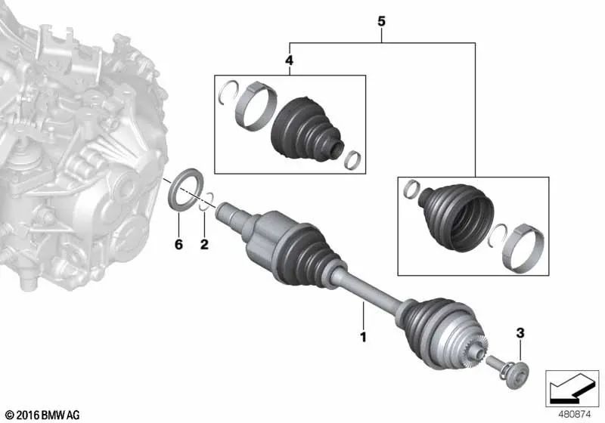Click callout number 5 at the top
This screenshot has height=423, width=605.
[x=381, y=21]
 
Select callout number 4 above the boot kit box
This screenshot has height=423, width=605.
[x=289, y=60]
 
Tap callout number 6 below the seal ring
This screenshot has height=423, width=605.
[x=178, y=244]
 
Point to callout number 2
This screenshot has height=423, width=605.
[x=204, y=244]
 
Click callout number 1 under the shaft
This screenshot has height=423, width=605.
[x=363, y=337]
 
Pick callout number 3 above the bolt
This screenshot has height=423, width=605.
[x=520, y=333]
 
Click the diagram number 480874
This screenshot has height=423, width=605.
[x=575, y=415]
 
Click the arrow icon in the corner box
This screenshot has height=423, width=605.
[x=572, y=387]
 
